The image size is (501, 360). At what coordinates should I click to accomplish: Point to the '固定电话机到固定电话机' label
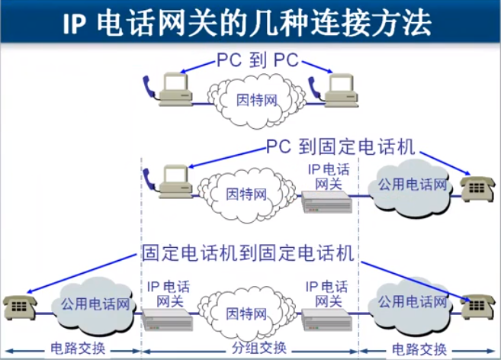point(249,252)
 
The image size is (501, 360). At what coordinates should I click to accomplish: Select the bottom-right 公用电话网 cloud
point(412,304)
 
